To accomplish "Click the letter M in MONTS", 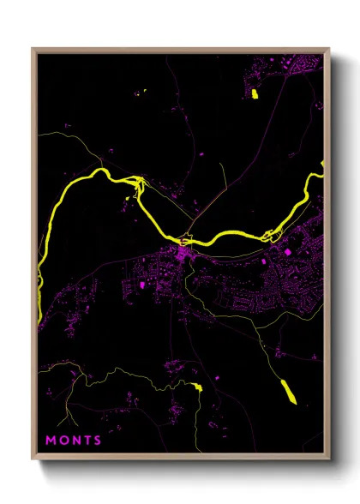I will coord(50,441).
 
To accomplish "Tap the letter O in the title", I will coord(63,441).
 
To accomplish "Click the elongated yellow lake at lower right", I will coord(288,390).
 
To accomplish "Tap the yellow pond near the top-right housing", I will coord(254,93).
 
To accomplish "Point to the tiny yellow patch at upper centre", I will coord(144,91).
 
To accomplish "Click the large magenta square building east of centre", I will coord(286,250).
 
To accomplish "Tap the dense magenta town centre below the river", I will coord(183,255).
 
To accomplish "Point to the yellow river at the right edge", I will coord(319,180).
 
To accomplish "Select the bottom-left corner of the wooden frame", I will coord(33,460).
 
